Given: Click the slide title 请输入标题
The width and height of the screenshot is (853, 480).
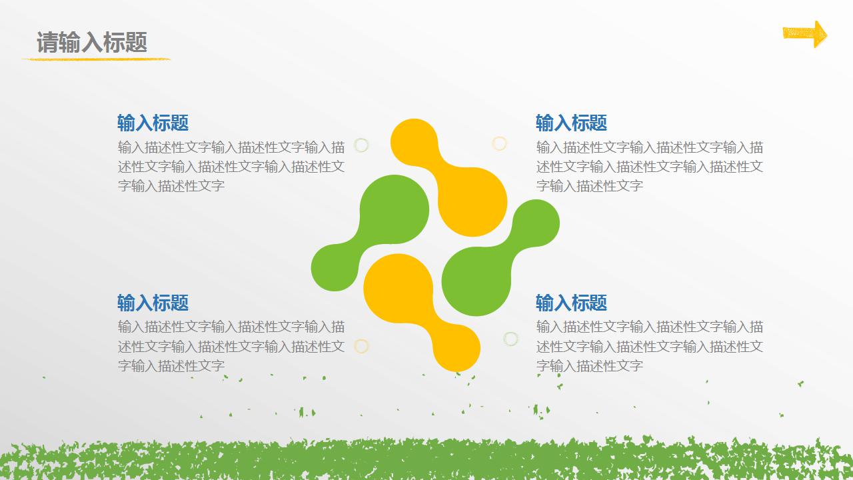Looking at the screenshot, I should [x=92, y=43].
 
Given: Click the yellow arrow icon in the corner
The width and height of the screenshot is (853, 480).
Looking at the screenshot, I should [x=804, y=33].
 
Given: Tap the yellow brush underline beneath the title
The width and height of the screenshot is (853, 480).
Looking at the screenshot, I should [x=96, y=59].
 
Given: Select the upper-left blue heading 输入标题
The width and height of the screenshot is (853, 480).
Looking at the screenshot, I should [x=153, y=123].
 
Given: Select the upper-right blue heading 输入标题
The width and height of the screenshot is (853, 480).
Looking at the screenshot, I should [x=571, y=123].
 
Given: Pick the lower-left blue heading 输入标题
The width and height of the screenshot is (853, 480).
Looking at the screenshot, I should [x=153, y=303].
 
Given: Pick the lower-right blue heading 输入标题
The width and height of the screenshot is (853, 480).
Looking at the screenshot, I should [x=571, y=303].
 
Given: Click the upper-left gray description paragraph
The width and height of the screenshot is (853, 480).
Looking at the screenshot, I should [x=231, y=167].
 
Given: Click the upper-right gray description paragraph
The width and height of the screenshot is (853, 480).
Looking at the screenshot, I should [x=650, y=167].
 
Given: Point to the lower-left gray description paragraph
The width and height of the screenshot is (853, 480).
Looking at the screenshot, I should [x=231, y=346].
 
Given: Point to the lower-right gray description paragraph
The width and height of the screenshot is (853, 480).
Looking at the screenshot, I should [x=650, y=346].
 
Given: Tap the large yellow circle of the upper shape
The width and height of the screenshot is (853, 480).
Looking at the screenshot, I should [x=472, y=202].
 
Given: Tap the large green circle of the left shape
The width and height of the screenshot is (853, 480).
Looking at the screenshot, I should [x=395, y=209].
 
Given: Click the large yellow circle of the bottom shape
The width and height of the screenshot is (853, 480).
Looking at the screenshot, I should [x=399, y=288].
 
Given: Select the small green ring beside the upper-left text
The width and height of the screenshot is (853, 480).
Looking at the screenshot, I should [x=361, y=145].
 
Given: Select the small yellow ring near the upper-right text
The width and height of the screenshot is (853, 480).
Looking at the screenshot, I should [x=499, y=143].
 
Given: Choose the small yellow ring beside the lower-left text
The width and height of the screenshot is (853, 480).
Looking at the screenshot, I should [x=361, y=346].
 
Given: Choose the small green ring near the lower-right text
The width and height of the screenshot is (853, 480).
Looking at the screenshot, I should [x=510, y=339].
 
